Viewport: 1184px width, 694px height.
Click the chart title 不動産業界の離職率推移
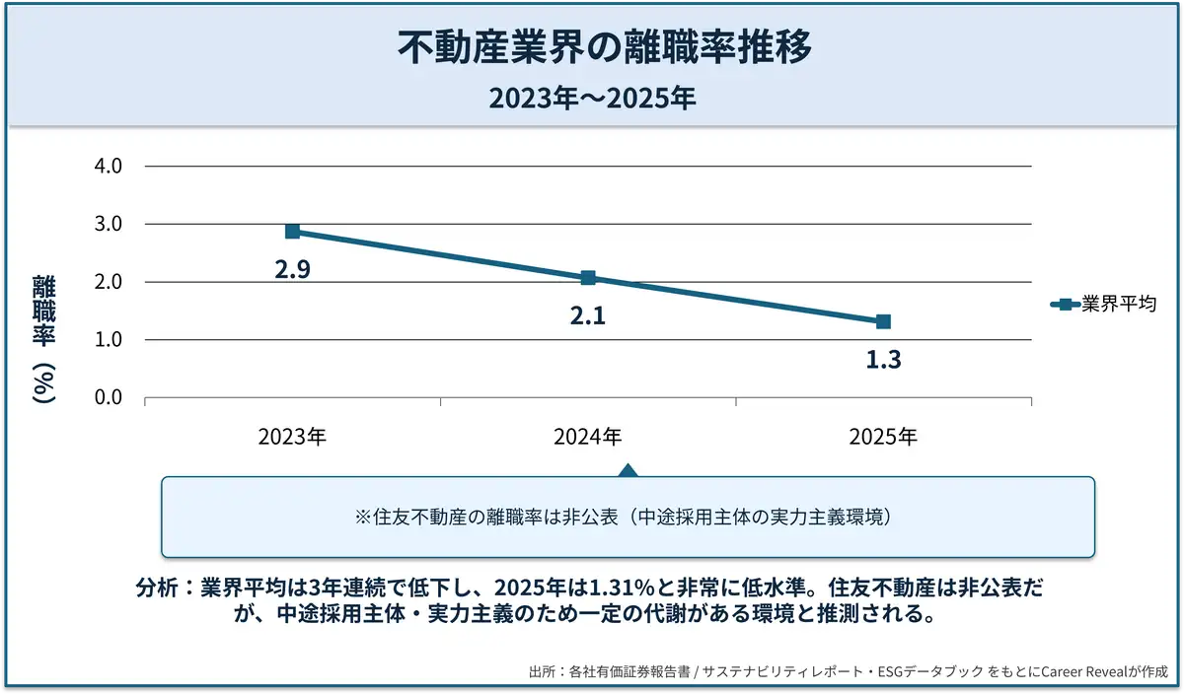[x=591, y=46]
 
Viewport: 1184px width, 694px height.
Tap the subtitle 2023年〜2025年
[x=591, y=99]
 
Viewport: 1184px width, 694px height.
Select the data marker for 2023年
[x=292, y=232]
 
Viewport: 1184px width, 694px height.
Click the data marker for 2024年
[x=588, y=278]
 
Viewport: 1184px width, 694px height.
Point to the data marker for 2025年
[x=883, y=322]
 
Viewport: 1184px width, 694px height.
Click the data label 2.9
[x=292, y=269]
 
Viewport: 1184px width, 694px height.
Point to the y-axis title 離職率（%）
[x=43, y=339]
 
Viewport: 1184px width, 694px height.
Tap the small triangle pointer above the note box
[x=627, y=469]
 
